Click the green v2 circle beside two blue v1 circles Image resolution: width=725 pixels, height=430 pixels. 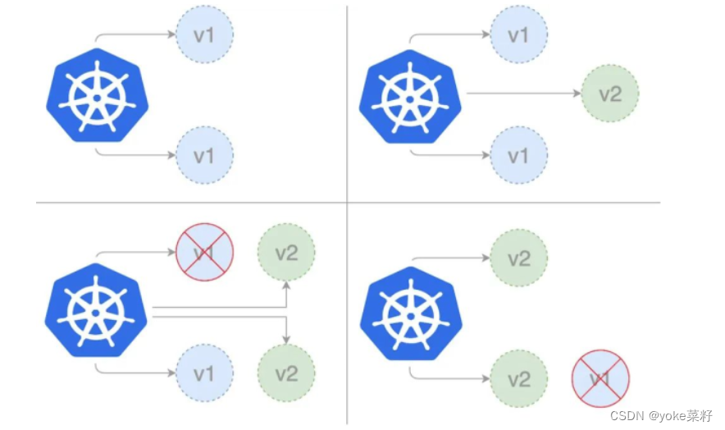609,94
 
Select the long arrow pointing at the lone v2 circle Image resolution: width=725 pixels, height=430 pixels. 525,94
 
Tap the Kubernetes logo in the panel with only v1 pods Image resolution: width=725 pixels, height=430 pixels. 98,96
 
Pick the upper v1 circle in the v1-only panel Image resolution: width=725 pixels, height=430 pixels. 205,35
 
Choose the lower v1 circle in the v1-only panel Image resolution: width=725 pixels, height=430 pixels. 205,154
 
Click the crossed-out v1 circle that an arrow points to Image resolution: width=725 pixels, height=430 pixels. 205,252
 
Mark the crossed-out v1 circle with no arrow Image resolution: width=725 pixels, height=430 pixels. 600,378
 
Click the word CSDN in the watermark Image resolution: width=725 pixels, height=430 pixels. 627,416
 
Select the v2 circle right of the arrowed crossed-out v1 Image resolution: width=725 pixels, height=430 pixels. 285,253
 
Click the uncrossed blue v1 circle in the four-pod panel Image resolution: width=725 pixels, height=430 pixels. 205,373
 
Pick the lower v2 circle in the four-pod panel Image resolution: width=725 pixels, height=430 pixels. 285,373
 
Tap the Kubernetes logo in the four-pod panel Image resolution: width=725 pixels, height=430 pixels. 98,313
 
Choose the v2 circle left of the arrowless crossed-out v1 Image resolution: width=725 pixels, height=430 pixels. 519,379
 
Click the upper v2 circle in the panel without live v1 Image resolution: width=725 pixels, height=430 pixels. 519,258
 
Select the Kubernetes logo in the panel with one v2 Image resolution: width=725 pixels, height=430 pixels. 411,96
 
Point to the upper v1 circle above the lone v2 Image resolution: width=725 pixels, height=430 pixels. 519,35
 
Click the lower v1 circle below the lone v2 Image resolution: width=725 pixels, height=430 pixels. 519,154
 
